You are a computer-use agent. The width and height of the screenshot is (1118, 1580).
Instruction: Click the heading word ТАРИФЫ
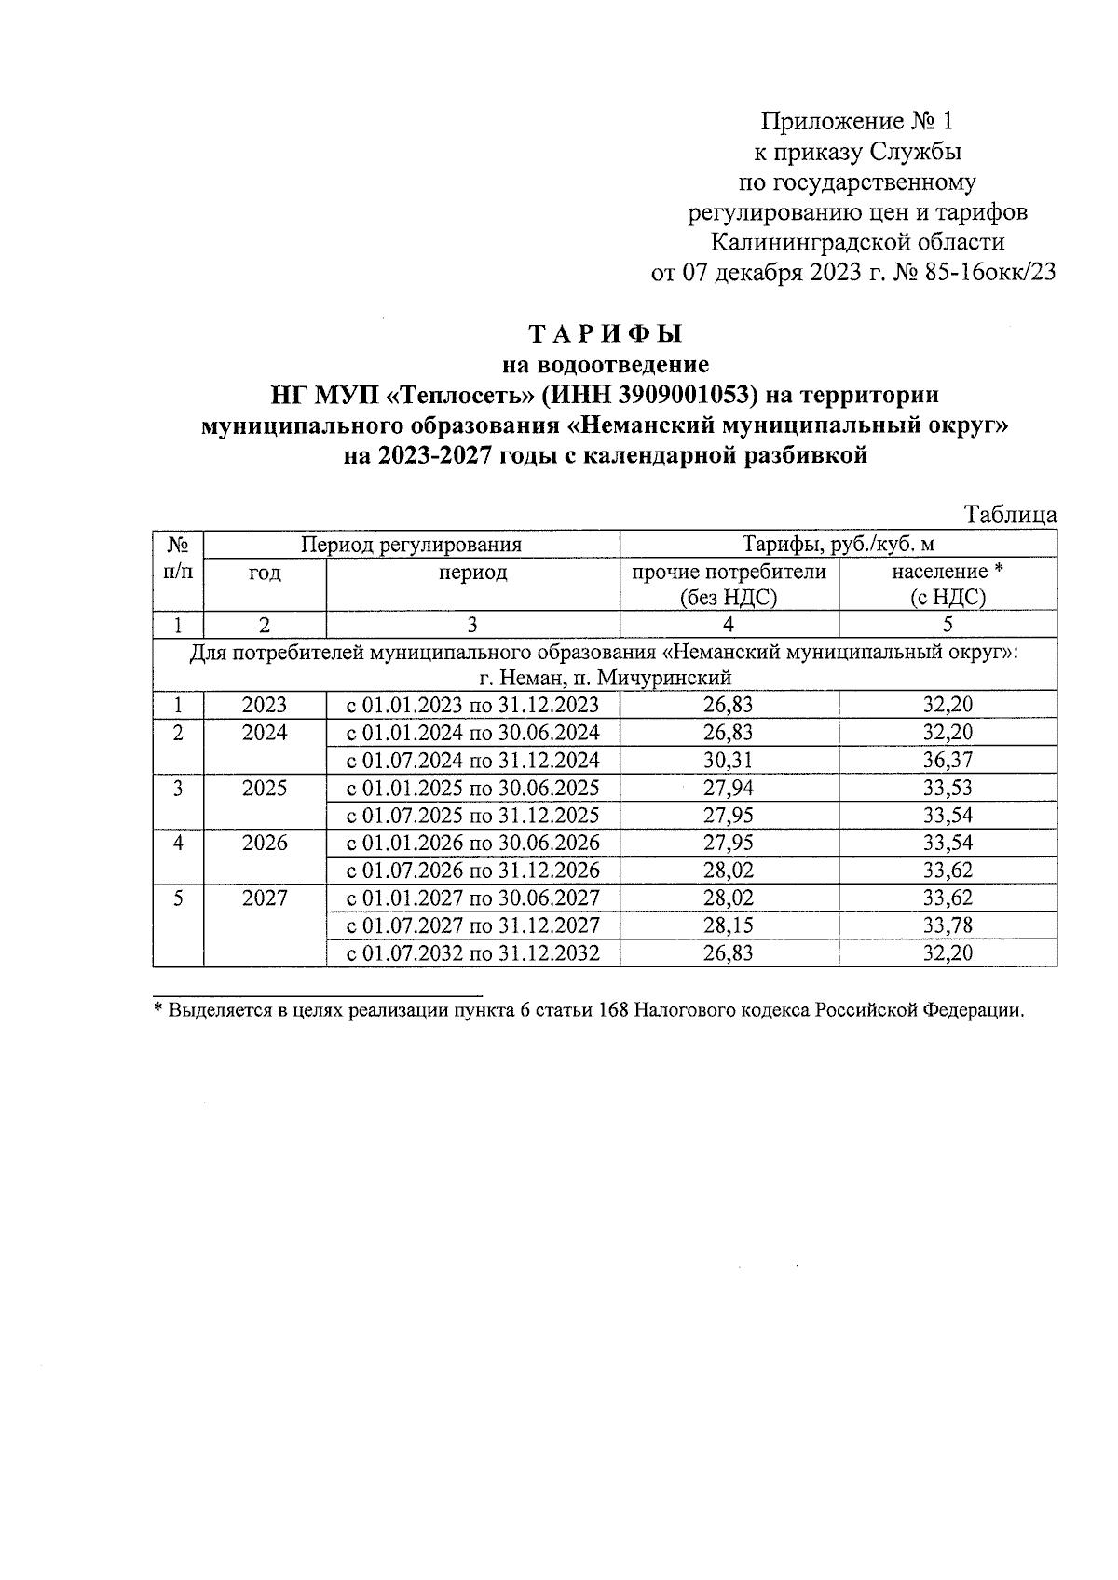(x=606, y=333)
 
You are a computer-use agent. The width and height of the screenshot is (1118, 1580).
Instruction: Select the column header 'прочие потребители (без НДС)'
(x=729, y=584)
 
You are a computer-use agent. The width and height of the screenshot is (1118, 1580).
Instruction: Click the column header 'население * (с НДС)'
(x=948, y=584)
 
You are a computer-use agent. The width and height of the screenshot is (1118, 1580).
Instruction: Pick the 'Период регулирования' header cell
(x=411, y=544)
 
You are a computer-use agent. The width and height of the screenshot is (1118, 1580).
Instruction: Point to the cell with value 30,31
(x=729, y=760)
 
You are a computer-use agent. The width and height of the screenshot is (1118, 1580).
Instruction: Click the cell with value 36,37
(x=948, y=760)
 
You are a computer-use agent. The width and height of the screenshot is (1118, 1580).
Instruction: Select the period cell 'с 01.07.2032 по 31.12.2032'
(x=472, y=953)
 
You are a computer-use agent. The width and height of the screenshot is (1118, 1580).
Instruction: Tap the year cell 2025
(x=265, y=789)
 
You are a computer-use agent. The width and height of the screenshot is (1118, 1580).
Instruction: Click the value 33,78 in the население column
(x=948, y=925)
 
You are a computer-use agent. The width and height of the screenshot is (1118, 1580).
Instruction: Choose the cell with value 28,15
(x=729, y=925)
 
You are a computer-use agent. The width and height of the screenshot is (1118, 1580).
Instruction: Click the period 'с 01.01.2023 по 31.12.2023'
(x=472, y=705)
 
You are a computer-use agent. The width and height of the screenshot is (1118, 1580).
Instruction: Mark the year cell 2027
(x=265, y=898)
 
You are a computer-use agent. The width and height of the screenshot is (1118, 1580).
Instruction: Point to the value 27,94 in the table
(x=729, y=789)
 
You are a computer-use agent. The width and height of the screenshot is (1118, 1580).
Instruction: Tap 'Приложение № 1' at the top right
(x=857, y=121)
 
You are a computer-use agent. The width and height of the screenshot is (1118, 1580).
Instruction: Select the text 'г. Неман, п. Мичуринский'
(x=606, y=677)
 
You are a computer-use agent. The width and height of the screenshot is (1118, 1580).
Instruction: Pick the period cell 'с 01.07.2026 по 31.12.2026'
(x=472, y=871)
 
